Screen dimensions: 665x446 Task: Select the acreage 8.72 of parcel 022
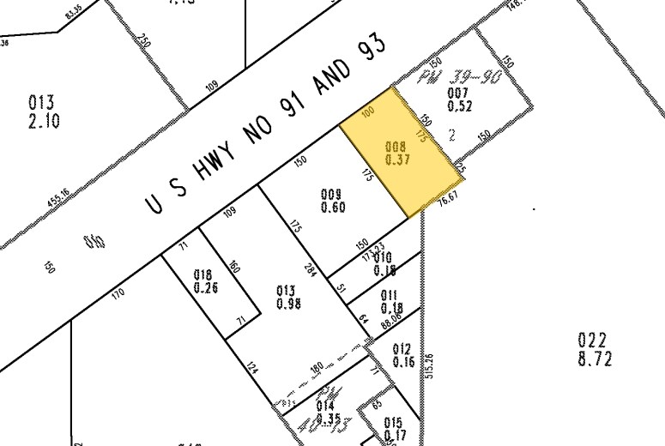(x=595, y=359)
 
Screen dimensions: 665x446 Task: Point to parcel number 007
(x=458, y=93)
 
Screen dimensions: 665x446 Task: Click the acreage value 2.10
(x=44, y=121)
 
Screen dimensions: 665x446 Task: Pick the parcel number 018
(x=202, y=275)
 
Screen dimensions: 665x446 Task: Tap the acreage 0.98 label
(x=288, y=304)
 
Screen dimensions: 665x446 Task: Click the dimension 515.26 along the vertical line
(x=428, y=365)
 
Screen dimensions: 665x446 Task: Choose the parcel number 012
(x=402, y=348)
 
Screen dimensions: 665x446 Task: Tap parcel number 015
(x=393, y=422)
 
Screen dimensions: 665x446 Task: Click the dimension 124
(x=251, y=370)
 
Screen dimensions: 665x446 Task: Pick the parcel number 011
(x=392, y=296)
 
